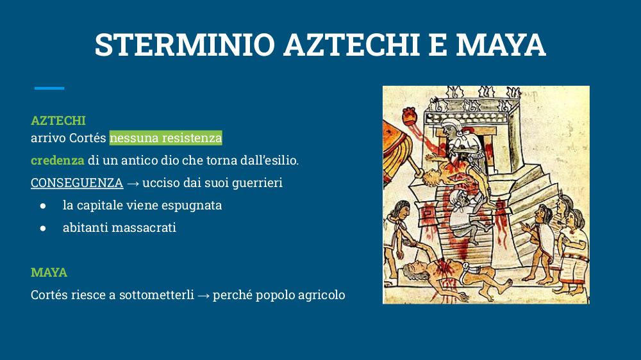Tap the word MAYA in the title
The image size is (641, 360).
pyautogui.click(x=501, y=44)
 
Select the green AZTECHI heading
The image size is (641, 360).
pyautogui.click(x=58, y=120)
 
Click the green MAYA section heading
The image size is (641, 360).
pyautogui.click(x=49, y=272)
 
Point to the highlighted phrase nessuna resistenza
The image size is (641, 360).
pyautogui.click(x=165, y=138)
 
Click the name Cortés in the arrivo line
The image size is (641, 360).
pyautogui.click(x=87, y=138)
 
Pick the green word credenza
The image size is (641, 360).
pyautogui.click(x=58, y=160)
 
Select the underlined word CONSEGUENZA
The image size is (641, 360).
pyautogui.click(x=77, y=183)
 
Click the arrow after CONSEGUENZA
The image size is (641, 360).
pyautogui.click(x=133, y=183)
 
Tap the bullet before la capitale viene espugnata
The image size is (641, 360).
pyautogui.click(x=43, y=206)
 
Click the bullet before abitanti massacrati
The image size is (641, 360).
pyautogui.click(x=43, y=228)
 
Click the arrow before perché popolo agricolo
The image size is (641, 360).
pyautogui.click(x=203, y=295)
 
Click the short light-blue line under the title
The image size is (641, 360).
pyautogui.click(x=49, y=88)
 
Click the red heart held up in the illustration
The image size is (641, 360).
pyautogui.click(x=410, y=117)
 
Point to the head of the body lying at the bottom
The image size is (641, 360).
pyautogui.click(x=413, y=270)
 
